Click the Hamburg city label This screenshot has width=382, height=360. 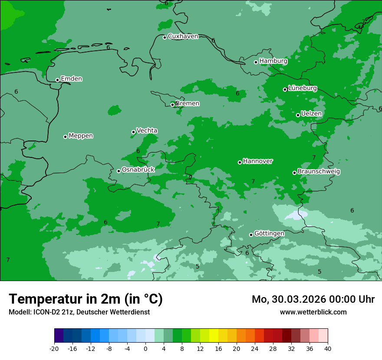(273, 61)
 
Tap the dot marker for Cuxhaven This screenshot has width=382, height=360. (165, 37)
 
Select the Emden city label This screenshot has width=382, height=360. (71, 79)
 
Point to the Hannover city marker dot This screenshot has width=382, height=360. (240, 162)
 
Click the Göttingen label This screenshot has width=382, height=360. (269, 234)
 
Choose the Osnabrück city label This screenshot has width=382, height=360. (138, 170)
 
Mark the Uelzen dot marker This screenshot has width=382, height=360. (298, 115)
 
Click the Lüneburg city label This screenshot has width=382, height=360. (302, 88)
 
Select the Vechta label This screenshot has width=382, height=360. (147, 131)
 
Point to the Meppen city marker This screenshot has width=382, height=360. (65, 137)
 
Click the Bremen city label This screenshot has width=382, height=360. (188, 104)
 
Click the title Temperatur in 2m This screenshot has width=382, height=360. (86, 299)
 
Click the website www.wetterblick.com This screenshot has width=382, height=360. (313, 312)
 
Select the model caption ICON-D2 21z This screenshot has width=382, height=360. (79, 312)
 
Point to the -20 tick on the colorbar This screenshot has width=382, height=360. (54, 348)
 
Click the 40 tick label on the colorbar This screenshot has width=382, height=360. (328, 348)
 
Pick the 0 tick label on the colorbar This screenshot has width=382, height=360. (145, 348)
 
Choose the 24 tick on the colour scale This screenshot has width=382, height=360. (255, 348)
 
